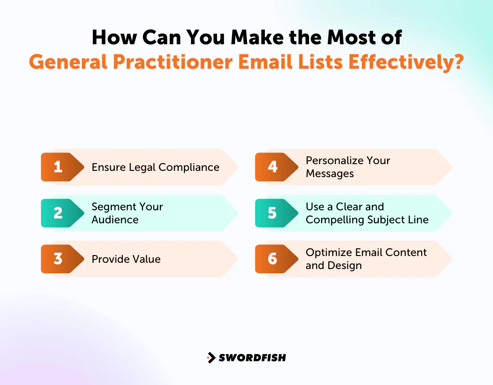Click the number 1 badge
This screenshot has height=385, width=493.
click(58, 167)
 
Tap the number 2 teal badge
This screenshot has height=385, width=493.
click(58, 213)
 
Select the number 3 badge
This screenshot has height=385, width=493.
click(58, 259)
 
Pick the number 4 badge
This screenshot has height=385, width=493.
click(272, 167)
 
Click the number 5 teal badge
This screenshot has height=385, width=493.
click(272, 213)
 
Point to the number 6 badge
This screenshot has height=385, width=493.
click(272, 259)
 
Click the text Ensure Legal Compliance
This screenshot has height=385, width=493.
click(155, 167)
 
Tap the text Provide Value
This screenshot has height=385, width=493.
click(126, 259)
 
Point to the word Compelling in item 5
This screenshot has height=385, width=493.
click(335, 220)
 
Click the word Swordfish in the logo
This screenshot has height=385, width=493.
click(252, 358)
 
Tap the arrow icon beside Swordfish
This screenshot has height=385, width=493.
click(211, 358)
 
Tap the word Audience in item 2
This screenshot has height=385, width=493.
click(115, 220)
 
